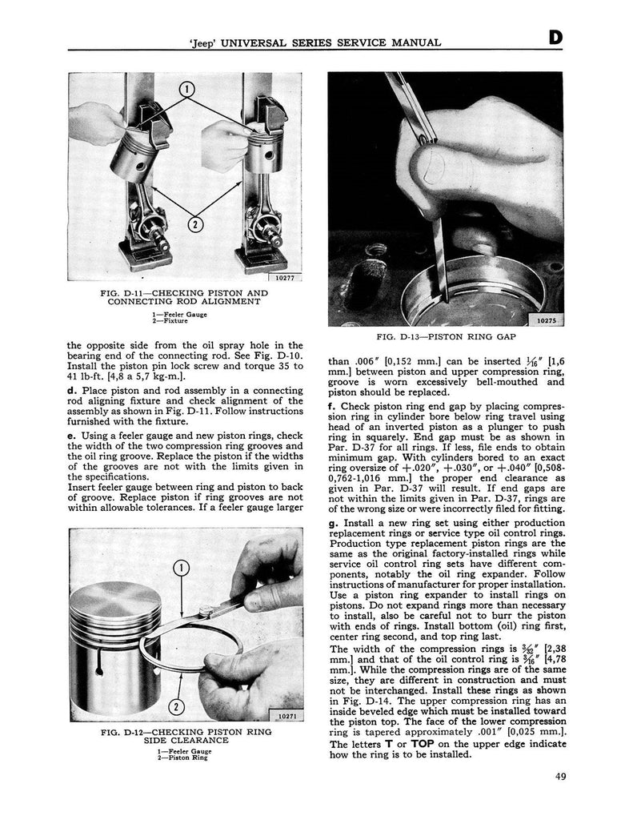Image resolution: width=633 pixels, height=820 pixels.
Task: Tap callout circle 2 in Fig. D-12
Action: (178, 707)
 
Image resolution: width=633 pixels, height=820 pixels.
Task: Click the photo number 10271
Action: (284, 716)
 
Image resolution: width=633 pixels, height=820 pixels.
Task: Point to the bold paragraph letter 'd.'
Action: (73, 390)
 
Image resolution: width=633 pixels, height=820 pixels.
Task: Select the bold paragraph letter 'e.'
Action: (72, 435)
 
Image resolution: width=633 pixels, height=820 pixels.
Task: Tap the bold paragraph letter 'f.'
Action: (332, 406)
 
